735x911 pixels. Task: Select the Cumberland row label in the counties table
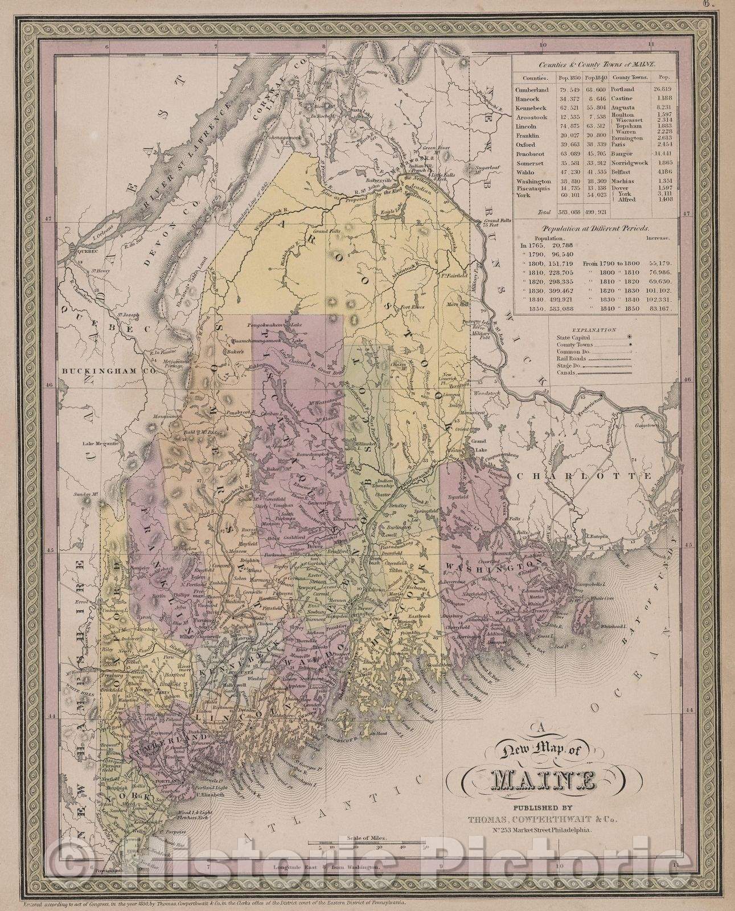532,89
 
